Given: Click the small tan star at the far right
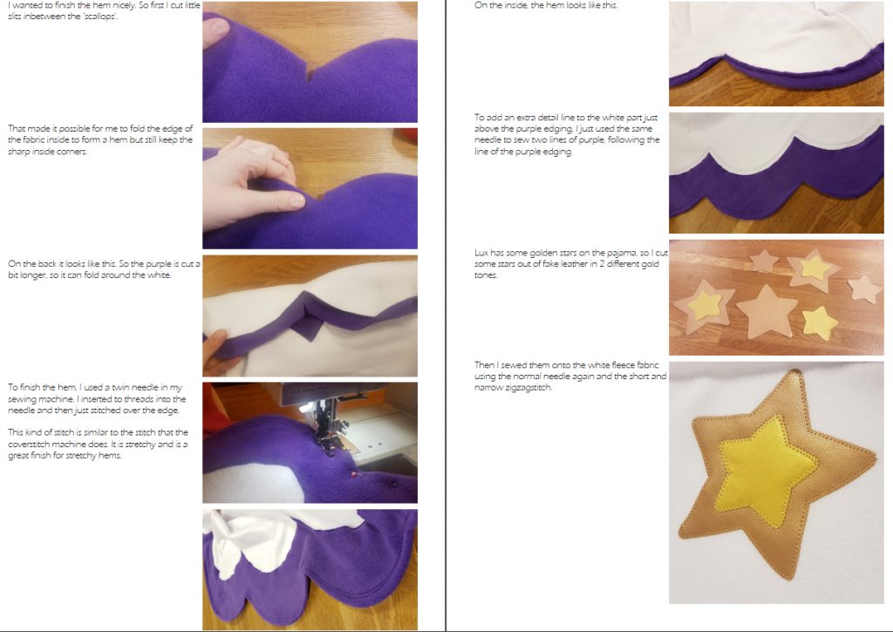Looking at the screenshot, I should tap(864, 289).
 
